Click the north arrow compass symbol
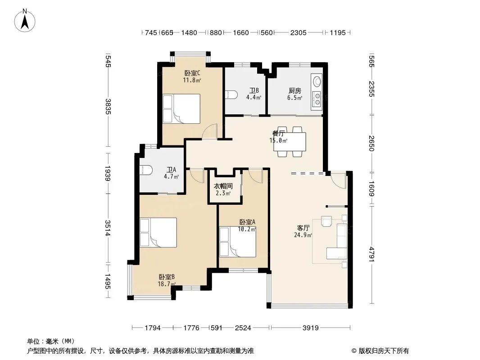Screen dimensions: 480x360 point(25,20)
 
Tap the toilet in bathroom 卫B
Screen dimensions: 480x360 point(231,94)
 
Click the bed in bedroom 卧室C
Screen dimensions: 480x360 point(181,108)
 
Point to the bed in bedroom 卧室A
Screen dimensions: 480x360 point(238,242)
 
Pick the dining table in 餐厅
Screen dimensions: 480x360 point(290,142)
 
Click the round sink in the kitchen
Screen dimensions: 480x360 point(317,81)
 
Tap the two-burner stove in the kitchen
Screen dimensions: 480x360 point(317,99)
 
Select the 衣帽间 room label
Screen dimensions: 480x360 point(223,186)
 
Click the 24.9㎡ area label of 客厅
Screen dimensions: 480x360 point(303,235)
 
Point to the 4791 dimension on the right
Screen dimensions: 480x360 point(371,254)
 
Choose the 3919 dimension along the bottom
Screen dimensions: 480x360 point(310,328)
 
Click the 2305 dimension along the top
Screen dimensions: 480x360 point(298,33)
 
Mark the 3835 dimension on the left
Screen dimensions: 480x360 point(108,107)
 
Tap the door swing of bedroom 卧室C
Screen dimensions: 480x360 point(210,131)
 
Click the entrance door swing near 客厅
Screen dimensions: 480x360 point(338,180)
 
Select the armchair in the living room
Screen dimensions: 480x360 point(326,221)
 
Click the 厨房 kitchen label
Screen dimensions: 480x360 point(295,91)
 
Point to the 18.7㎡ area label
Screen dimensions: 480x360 point(167,284)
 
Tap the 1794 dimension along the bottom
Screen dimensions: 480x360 point(153,328)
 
